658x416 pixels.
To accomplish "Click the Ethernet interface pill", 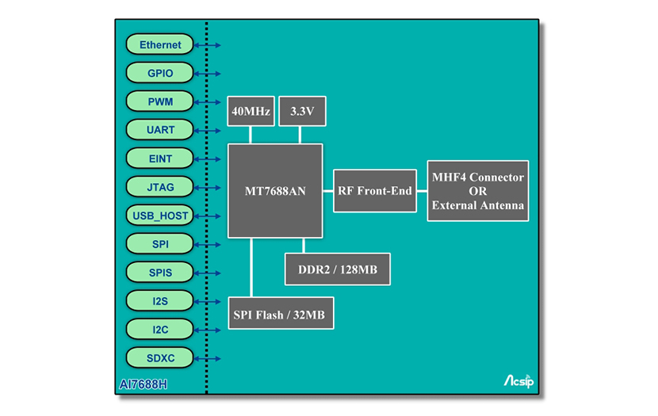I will (x=160, y=45).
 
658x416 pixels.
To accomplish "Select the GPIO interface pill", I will (x=160, y=74).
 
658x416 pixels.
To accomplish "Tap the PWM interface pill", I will (x=160, y=101).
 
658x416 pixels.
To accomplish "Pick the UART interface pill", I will (x=160, y=130).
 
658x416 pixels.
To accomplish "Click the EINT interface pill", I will (x=160, y=158).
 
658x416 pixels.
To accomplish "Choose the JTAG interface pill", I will (x=160, y=187).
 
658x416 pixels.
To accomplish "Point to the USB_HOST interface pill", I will (x=160, y=216).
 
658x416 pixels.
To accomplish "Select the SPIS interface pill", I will (x=160, y=273).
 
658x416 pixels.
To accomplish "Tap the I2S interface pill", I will (x=160, y=301).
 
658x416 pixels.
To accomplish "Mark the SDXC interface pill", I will (x=160, y=358).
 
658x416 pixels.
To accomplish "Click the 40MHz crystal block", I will (x=251, y=113).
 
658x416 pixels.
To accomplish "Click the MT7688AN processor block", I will (x=275, y=191).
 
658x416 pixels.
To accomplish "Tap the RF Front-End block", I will (x=374, y=191).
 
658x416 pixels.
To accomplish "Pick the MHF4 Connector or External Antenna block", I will (x=477, y=191).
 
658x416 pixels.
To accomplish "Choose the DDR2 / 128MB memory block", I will (x=338, y=269).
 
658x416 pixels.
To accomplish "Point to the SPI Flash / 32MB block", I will (x=281, y=315).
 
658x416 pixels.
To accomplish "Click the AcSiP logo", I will (x=519, y=381).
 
